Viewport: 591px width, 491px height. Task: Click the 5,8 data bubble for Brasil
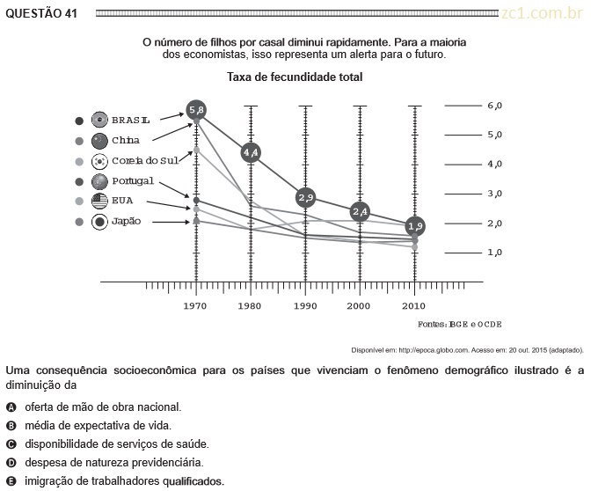[x=196, y=110]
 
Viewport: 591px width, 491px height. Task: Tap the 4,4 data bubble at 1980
[x=251, y=152]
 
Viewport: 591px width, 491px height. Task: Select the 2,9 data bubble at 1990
[x=305, y=198]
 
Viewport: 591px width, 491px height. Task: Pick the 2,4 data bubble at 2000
[x=360, y=212]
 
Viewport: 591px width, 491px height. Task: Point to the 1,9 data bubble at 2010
[x=415, y=226]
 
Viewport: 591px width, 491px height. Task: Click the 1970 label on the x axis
[x=195, y=306]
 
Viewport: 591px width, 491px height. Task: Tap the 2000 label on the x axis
[x=359, y=306]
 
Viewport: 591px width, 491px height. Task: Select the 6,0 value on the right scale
[x=494, y=106]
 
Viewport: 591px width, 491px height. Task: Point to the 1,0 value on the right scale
[x=494, y=253]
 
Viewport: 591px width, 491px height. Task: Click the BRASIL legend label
[x=131, y=121]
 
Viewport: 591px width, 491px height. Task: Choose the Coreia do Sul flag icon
[x=99, y=161]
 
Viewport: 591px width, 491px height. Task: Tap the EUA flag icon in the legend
[x=99, y=201]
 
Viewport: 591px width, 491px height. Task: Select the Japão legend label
[x=127, y=221]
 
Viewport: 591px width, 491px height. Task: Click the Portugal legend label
[x=133, y=181]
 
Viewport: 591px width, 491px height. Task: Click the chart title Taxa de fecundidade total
[x=295, y=77]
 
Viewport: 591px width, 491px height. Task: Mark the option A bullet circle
[x=11, y=407]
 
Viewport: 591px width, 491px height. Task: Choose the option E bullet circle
[x=11, y=481]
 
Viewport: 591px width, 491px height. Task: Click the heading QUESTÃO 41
[x=41, y=13]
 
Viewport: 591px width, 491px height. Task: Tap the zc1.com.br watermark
[x=542, y=13]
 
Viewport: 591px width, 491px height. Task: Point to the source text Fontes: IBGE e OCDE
[x=459, y=325]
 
